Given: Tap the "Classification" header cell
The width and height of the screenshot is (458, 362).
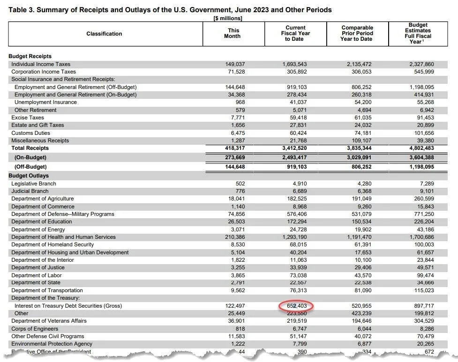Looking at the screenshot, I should tap(104, 34).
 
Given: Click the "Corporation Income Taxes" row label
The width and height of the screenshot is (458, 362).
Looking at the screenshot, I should tap(44, 72).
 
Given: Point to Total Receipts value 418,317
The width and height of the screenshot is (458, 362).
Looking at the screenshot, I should tap(235, 148).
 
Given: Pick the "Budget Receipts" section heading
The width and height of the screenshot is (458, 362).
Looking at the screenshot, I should tap(30, 56).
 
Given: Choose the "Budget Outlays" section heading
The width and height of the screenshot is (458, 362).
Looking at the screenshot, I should tap(29, 176).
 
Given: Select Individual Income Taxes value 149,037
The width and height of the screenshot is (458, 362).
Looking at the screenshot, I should tap(235, 64).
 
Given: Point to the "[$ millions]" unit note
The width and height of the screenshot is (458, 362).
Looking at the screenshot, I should tap(227, 18).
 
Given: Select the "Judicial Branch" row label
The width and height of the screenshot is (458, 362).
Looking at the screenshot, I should tap(30, 191).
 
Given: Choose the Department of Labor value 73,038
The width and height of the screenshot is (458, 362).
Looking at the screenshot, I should tap(298, 275).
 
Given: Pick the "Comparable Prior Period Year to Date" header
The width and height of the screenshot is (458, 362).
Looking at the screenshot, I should tap(357, 33).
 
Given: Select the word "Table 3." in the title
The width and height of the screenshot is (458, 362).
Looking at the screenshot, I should tap(21, 9).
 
